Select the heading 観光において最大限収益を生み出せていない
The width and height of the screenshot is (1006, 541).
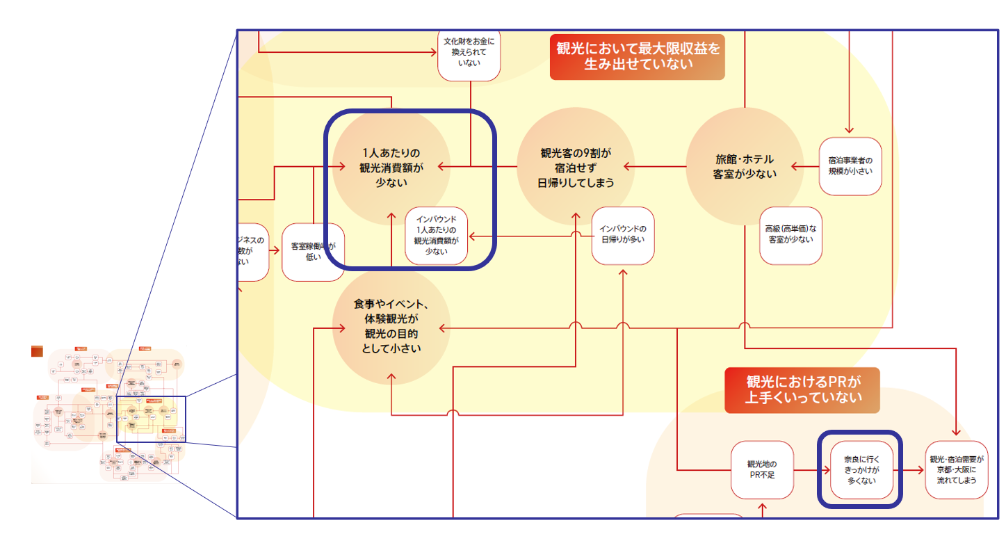pos(638,56)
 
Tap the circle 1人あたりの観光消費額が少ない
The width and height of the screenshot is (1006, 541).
pos(391,168)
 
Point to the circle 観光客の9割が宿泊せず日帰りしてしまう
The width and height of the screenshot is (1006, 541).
pos(576,167)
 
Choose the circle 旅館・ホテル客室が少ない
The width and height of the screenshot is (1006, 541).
pos(744,167)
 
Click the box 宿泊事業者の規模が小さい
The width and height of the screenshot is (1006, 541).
pos(850,165)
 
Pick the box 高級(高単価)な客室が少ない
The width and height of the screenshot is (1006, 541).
pos(790,235)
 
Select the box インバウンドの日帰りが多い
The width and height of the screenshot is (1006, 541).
pos(623,235)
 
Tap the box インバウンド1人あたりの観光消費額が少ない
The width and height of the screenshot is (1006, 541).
pos(437,236)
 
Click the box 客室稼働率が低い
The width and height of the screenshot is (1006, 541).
pos(313,251)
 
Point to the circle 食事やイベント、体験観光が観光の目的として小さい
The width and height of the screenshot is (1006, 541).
pos(391,325)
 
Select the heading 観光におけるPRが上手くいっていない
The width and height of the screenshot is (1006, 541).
pos(802,390)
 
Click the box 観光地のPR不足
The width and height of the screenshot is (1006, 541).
pos(761,469)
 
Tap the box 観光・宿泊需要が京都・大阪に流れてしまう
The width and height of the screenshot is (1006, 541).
pos(957,469)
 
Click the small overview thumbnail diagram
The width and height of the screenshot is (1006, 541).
pos(108,414)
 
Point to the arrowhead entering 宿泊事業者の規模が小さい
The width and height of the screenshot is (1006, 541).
pos(849,129)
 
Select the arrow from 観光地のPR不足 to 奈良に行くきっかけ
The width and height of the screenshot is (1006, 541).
pos(812,469)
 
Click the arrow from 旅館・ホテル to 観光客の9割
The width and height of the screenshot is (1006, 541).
pos(654,167)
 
